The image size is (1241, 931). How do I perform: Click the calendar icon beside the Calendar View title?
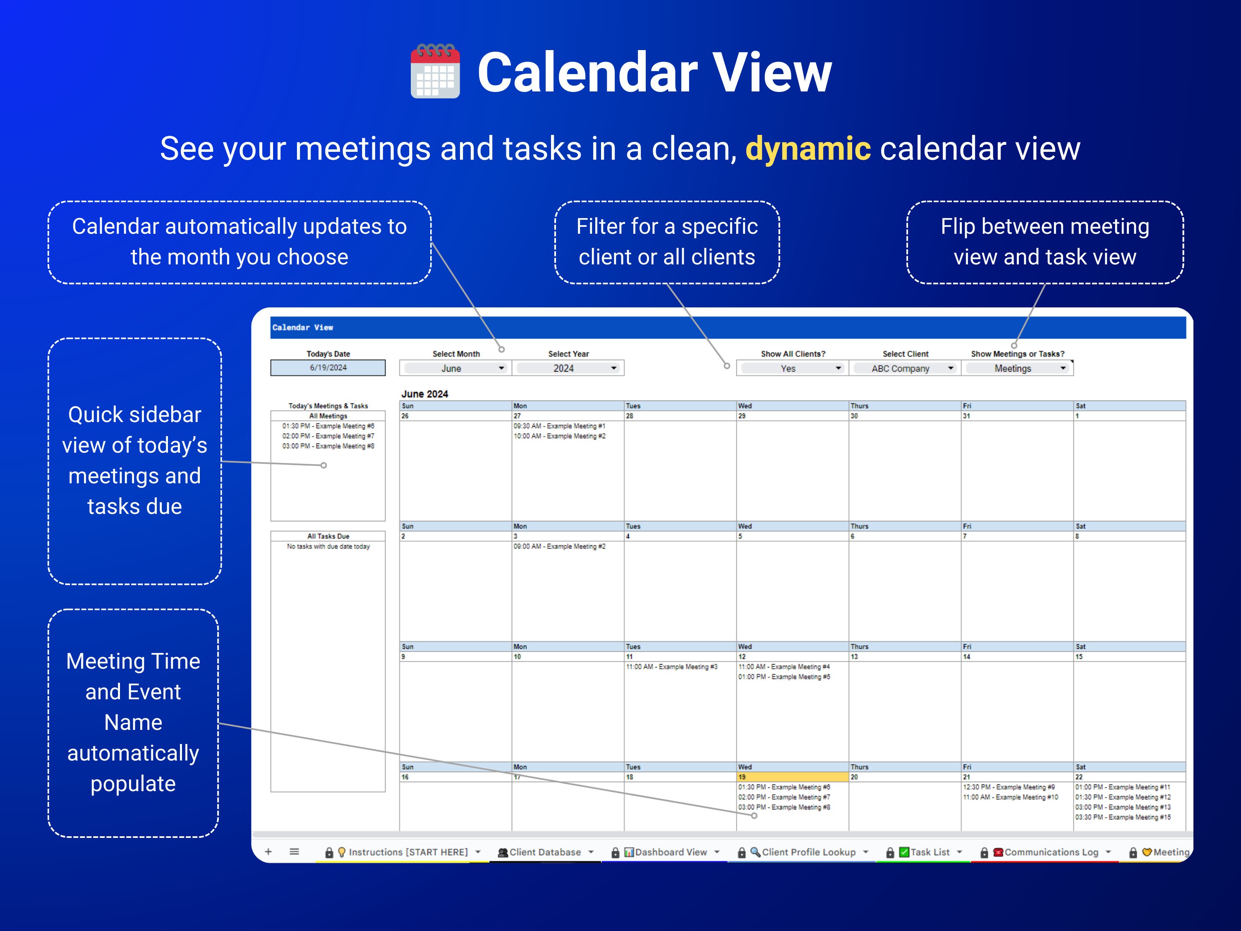[x=435, y=71]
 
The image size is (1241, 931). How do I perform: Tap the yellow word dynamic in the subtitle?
[x=808, y=149]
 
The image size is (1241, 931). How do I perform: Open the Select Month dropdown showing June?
[x=455, y=368]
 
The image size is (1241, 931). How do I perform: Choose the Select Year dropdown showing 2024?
[x=568, y=368]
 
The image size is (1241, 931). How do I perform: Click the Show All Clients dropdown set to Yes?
[x=792, y=368]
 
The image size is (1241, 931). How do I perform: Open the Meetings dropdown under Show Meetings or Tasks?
[x=1017, y=368]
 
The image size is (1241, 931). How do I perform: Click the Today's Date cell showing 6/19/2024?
[x=328, y=367]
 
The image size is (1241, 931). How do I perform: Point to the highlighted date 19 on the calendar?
[x=792, y=777]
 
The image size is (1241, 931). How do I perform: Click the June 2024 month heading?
[x=425, y=394]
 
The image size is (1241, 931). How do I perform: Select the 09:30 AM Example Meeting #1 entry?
[x=559, y=426]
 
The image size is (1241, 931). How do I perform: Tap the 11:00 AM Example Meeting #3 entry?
[x=671, y=667]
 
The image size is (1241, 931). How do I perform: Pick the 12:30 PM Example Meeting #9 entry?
[x=1009, y=787]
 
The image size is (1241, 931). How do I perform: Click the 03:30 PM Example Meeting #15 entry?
[x=1123, y=817]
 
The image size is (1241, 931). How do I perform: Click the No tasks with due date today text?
[x=328, y=546]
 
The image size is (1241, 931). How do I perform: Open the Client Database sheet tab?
[x=545, y=852]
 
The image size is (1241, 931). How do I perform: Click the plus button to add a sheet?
[x=268, y=852]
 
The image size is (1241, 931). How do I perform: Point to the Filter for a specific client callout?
[x=667, y=242]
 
